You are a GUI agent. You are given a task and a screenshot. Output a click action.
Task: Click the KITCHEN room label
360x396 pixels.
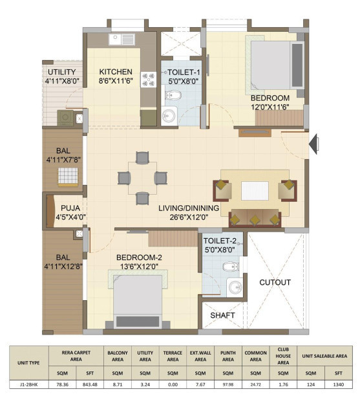click(x=116, y=72)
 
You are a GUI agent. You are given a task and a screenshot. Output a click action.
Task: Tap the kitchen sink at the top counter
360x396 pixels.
click(x=122, y=39)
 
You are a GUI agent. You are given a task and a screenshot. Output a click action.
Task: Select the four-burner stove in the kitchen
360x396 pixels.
click(x=148, y=80)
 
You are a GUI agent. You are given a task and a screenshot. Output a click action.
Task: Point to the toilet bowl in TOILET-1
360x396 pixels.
click(x=173, y=95)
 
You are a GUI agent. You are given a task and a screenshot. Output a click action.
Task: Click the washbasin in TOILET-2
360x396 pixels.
click(x=235, y=287)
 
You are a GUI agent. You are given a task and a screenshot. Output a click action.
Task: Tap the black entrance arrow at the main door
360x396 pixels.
click(x=313, y=144)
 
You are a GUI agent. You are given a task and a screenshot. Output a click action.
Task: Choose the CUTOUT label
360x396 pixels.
click(x=275, y=282)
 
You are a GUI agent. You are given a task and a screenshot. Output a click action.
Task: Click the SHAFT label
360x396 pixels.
click(x=222, y=315)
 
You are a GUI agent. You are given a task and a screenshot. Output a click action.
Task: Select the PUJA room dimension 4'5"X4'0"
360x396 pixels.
click(x=70, y=217)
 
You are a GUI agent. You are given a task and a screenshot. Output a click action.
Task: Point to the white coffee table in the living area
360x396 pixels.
click(x=255, y=191)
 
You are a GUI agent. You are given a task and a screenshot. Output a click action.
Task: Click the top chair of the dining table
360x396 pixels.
click(x=142, y=158)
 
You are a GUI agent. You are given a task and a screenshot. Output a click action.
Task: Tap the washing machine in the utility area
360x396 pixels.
click(x=65, y=117)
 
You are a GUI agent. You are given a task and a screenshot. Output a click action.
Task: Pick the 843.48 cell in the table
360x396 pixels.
click(x=90, y=384)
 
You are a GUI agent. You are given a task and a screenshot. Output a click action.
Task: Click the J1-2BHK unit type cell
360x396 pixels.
click(x=28, y=384)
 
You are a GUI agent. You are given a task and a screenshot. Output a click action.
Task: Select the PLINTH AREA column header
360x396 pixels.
click(x=228, y=356)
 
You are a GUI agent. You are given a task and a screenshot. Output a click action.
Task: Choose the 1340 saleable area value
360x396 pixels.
click(x=338, y=384)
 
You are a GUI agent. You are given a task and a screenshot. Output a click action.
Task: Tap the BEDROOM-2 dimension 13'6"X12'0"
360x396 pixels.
click(x=139, y=267)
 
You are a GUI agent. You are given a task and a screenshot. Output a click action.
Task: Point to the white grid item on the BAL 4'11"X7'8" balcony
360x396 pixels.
click(x=68, y=176)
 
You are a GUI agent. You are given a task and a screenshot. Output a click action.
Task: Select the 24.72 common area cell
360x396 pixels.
click(x=255, y=384)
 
